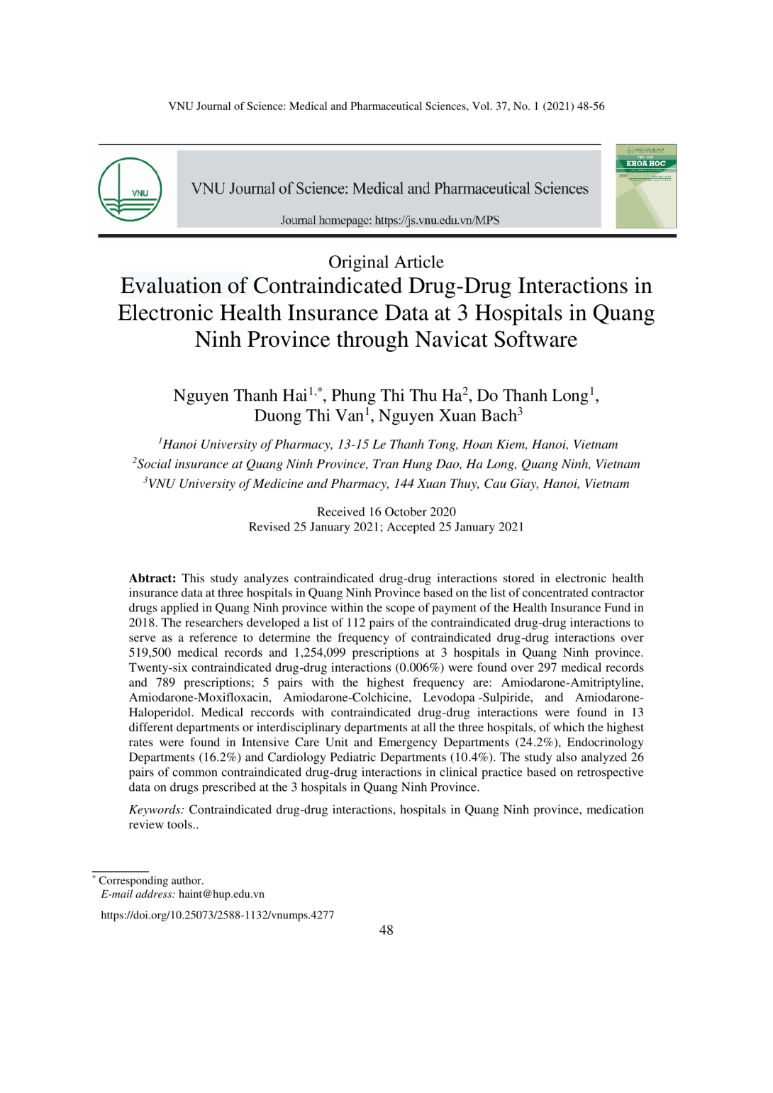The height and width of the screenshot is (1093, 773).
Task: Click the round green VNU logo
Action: point(130,189)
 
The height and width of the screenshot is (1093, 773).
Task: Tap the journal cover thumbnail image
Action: point(645,186)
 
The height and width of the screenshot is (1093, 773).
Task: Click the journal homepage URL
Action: point(437,220)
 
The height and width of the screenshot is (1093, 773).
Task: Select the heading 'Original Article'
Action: point(386,262)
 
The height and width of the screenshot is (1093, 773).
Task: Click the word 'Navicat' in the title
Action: point(452,339)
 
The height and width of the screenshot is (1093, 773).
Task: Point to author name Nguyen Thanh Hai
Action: point(240,395)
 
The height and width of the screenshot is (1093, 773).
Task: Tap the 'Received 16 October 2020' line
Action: point(386,511)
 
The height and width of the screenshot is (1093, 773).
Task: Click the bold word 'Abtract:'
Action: point(152,578)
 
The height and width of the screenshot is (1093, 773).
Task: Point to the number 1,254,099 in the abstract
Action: point(318,653)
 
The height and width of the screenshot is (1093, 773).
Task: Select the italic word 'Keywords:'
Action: point(156,809)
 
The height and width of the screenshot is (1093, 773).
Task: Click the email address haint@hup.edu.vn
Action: point(221,894)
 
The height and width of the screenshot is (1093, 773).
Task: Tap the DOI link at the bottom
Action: point(217,915)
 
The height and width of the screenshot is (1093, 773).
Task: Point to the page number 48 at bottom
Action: point(386,931)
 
